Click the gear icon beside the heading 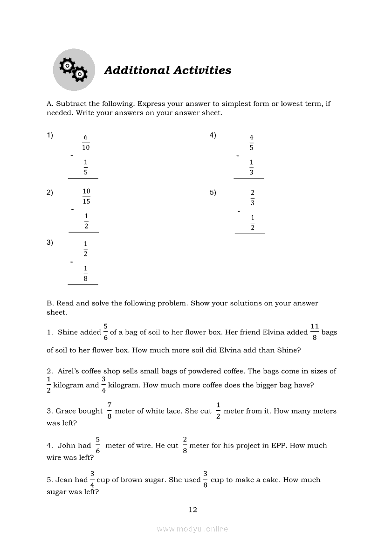74,70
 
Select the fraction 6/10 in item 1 86,142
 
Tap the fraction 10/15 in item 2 86,196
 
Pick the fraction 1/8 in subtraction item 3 86,274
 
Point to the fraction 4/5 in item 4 252,142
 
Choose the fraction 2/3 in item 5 253,198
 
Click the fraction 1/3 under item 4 252,167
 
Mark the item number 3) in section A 50,242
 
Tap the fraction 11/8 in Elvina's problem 315,332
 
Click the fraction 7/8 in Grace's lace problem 109,411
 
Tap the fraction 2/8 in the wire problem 185,445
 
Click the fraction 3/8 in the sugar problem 206,479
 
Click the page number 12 193,510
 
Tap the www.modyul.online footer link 192,529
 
